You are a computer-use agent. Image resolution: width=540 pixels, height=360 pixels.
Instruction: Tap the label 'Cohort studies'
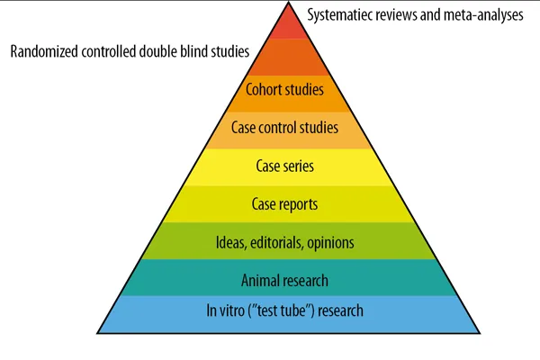[x=284, y=89]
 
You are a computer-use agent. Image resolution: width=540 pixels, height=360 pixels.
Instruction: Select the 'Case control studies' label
[x=284, y=128]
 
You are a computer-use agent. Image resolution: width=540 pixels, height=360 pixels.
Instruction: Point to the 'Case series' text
[x=284, y=166]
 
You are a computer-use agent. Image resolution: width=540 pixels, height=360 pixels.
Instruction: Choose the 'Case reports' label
[x=284, y=204]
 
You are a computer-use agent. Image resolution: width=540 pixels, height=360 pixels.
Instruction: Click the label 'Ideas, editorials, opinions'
[x=284, y=242]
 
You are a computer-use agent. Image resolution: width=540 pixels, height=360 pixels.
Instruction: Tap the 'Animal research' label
[x=284, y=280]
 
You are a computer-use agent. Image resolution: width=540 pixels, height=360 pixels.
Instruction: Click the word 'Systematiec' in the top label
[x=341, y=14]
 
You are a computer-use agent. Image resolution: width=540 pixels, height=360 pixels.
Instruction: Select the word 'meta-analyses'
[x=481, y=14]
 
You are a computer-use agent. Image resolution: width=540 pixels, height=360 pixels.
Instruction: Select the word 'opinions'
[x=329, y=242]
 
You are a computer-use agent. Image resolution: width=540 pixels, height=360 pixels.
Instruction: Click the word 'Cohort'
[x=265, y=89]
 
